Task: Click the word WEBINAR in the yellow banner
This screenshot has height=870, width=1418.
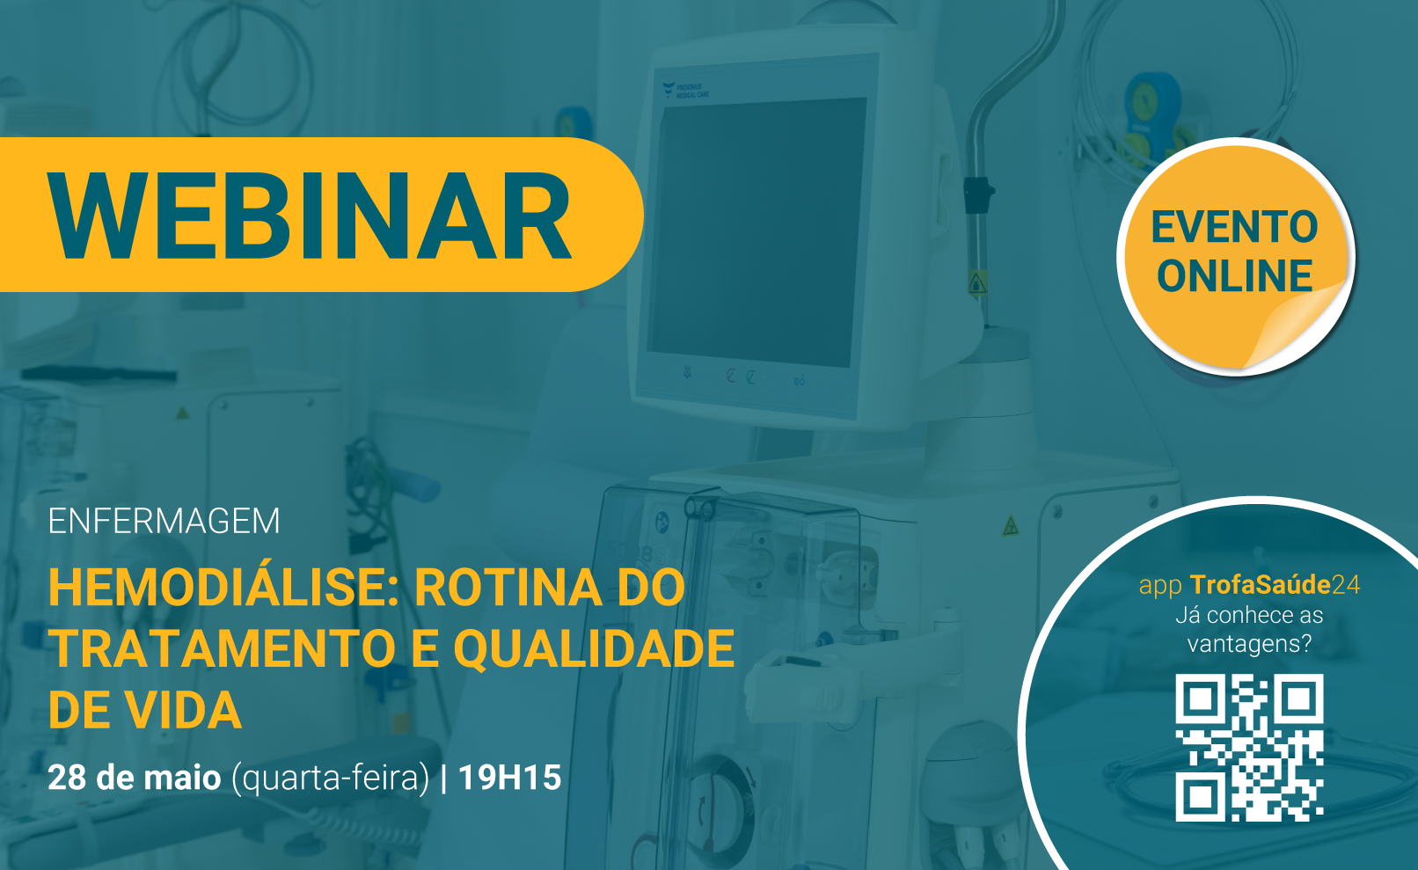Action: click(x=310, y=216)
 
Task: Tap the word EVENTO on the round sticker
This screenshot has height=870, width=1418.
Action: click(x=1234, y=227)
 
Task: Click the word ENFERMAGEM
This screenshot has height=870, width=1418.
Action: click(x=164, y=521)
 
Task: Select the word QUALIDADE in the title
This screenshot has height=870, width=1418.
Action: click(x=594, y=650)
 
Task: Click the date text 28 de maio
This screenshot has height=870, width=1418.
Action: click(x=135, y=777)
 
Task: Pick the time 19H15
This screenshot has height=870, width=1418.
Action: click(x=509, y=777)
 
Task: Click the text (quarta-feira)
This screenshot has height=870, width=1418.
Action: click(x=330, y=779)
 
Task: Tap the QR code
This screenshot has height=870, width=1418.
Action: click(x=1250, y=748)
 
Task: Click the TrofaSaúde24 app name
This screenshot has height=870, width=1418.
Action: click(x=1275, y=584)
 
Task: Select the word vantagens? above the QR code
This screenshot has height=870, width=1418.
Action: click(x=1250, y=644)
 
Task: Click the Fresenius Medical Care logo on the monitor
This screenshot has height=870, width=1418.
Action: click(x=685, y=91)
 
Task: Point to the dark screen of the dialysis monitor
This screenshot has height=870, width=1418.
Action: click(x=757, y=231)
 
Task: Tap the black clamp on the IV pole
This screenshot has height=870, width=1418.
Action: click(x=978, y=195)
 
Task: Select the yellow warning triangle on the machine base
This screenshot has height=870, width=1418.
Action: click(x=1011, y=525)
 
